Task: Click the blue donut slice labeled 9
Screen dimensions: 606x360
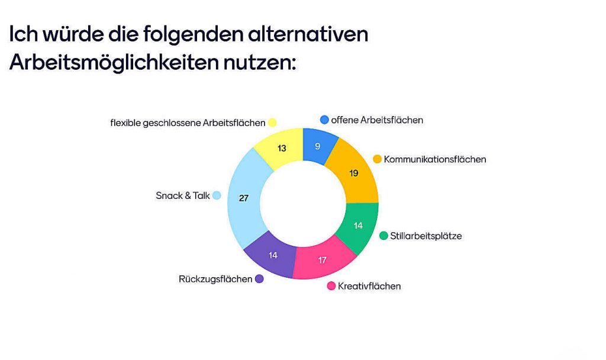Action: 318,146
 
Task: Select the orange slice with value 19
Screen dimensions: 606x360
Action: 354,173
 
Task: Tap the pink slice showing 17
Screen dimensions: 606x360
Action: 323,260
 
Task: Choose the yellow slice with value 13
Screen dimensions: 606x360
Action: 282,148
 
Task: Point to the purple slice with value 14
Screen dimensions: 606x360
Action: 273,255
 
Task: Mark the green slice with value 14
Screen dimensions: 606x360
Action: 358,226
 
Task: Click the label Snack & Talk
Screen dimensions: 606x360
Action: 183,195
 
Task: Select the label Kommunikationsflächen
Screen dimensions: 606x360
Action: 435,159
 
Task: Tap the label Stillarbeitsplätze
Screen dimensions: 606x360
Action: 426,236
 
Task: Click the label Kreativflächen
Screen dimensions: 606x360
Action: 369,286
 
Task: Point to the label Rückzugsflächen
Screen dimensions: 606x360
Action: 215,279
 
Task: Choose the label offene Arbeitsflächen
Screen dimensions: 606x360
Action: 377,120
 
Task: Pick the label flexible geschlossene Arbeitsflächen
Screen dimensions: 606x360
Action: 188,123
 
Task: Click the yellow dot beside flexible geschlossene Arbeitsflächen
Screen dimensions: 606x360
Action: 272,123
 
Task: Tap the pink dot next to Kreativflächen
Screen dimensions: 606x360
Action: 331,286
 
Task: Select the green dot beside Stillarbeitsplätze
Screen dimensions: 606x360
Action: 383,236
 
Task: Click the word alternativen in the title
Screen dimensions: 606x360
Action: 308,34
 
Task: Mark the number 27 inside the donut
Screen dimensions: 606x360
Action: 243,198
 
